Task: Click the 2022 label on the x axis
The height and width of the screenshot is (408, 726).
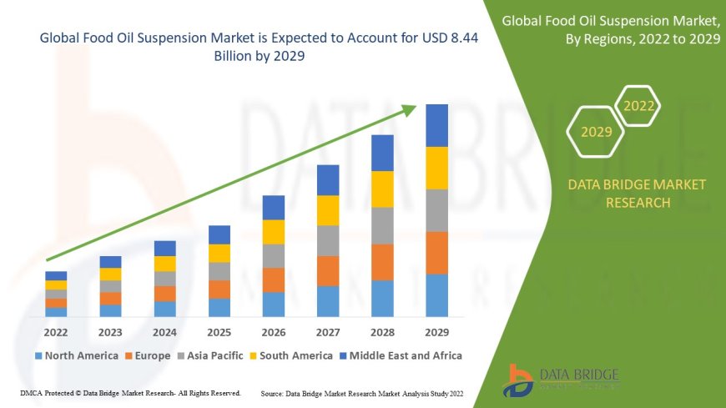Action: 56,331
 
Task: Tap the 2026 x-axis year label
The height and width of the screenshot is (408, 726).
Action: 274,331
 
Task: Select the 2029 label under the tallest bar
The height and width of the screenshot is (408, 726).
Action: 436,331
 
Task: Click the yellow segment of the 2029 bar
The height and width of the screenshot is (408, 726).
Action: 436,168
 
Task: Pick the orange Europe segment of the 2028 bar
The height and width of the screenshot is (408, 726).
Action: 382,262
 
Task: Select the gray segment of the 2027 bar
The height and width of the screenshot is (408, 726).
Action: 328,240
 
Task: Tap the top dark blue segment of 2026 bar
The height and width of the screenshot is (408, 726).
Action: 274,208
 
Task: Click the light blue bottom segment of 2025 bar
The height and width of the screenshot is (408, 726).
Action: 219,308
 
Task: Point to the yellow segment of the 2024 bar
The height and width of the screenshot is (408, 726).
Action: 165,264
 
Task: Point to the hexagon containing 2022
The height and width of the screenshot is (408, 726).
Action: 639,106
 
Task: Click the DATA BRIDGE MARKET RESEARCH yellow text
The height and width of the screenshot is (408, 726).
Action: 636,194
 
